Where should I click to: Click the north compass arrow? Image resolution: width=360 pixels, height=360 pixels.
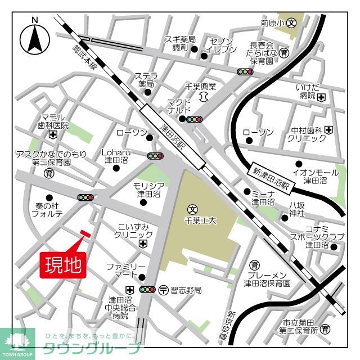[35, 38]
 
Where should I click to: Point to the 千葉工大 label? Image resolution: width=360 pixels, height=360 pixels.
[201, 221]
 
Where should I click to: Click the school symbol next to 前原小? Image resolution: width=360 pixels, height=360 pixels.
[291, 23]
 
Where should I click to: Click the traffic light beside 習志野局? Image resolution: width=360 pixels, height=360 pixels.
[148, 290]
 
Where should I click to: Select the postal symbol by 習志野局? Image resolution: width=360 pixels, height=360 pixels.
[163, 290]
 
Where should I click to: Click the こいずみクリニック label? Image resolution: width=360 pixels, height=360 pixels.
[134, 231]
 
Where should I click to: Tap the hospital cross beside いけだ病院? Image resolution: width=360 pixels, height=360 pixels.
[321, 97]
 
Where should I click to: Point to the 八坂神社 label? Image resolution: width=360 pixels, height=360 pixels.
[296, 209]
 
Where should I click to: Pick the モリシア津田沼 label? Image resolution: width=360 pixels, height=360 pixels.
[148, 189]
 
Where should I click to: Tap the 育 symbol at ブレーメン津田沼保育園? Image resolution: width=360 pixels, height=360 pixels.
[255, 265]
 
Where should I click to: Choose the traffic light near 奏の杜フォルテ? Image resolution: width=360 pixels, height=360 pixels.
[85, 197]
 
